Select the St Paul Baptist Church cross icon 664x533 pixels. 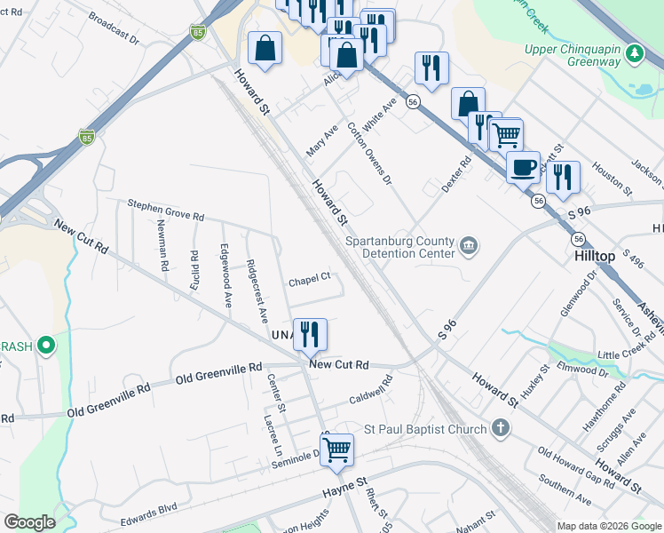click(501, 429)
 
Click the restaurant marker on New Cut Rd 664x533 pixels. click(310, 335)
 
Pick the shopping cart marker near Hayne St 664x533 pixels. click(336, 449)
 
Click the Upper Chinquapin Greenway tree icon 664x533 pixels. click(634, 55)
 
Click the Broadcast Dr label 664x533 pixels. click(115, 28)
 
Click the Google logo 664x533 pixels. click(29, 522)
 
